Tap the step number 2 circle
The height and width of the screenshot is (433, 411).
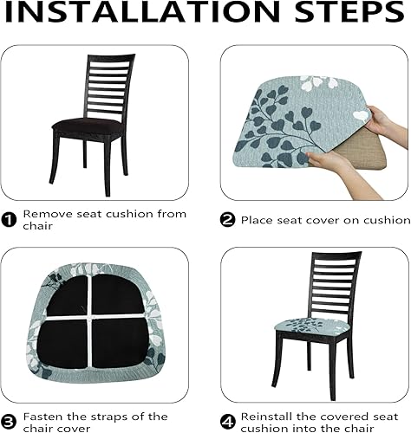(x=227, y=219)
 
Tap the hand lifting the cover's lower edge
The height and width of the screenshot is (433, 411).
(x=329, y=162)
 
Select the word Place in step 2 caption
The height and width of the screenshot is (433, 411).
(x=258, y=219)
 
